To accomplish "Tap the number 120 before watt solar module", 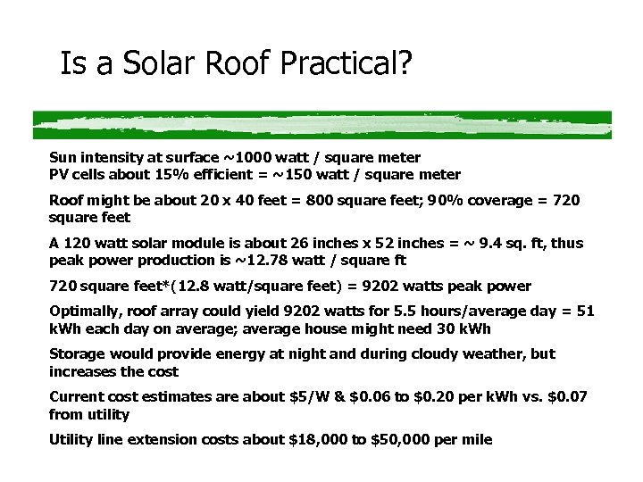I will click(x=77, y=244).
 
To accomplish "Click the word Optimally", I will click(x=85, y=311).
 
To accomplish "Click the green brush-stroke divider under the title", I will click(x=321, y=123).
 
